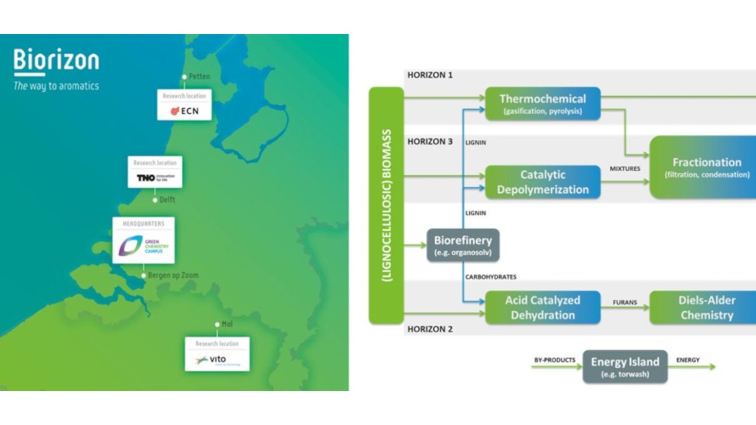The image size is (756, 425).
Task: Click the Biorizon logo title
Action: pos(56,60)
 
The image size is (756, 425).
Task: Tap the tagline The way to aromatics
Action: pos(55,86)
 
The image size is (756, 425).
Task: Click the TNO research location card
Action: pos(154,172)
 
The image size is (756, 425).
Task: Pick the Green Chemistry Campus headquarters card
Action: pos(143,240)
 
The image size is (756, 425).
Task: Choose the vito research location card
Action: pos(217,354)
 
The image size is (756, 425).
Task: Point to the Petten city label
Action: pos(199,76)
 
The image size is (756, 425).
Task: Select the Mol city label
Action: pos(226,325)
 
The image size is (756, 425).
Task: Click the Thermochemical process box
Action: pos(542,105)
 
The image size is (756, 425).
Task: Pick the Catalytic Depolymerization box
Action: pos(542,182)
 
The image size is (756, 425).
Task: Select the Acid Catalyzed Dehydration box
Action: pos(542,307)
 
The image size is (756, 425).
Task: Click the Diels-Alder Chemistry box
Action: pos(702,307)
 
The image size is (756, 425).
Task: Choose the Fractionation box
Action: pos(703,167)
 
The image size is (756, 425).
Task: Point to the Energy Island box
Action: pos(625,367)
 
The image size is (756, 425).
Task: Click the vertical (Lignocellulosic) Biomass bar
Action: pos(386,205)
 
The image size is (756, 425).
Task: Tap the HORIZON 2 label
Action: pos(430,328)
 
